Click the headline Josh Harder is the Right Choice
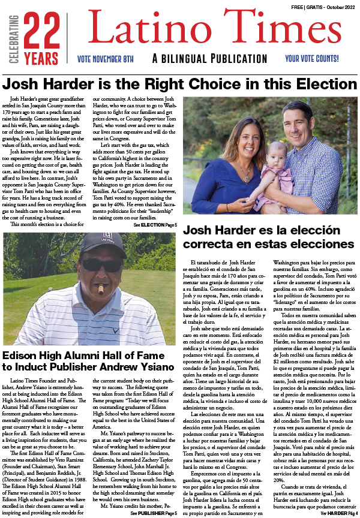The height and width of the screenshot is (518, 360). (x=180, y=83)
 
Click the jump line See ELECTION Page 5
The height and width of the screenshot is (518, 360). (x=155, y=225)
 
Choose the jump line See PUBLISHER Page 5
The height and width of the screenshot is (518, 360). (x=153, y=513)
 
